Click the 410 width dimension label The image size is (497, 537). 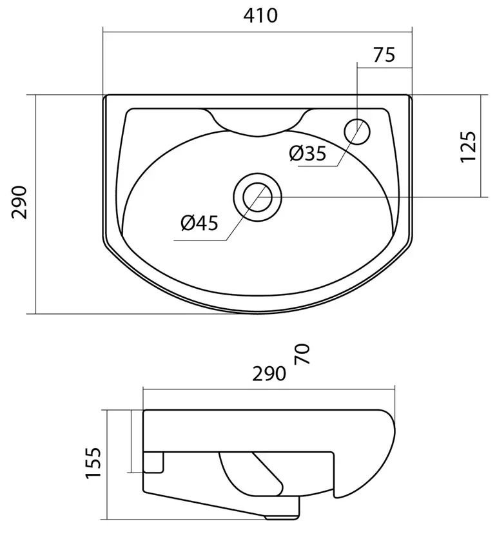coord(260,15)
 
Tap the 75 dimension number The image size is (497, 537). coord(384,55)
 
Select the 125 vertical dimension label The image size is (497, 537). coord(468,146)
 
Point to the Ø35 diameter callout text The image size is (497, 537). coord(307,153)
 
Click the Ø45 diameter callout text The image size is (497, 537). coord(199,223)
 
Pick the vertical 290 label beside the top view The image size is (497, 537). coord(19,202)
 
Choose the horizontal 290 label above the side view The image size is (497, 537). coord(269,374)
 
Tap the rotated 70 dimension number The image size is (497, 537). coord(302,354)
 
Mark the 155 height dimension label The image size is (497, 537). coord(93,463)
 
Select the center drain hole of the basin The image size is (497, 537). coord(258,197)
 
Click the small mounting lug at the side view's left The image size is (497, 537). coord(153,462)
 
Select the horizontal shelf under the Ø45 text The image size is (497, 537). coord(200,240)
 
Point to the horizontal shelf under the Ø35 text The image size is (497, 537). coord(318,166)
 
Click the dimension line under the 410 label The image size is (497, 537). coord(258,32)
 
